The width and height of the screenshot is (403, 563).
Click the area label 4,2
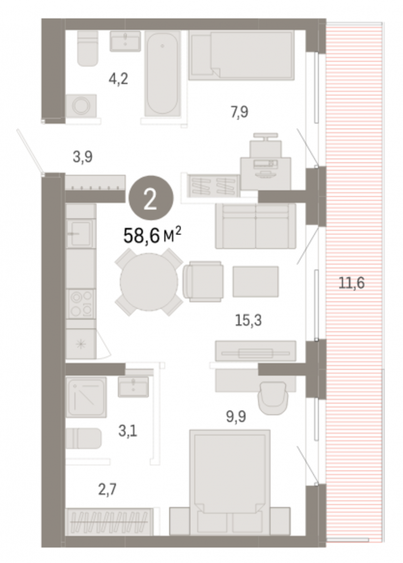tap(118, 78)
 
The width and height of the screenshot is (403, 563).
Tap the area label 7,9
tap(239, 112)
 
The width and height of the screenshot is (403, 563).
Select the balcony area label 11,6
tap(351, 283)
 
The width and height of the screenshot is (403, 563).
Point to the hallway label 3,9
tap(83, 157)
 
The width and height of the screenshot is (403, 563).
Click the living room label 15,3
tap(248, 320)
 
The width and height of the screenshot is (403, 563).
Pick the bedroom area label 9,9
tap(236, 416)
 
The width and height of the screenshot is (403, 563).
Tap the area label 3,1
tap(127, 431)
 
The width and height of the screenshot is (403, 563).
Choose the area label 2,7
tap(107, 489)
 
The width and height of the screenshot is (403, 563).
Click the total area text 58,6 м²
tap(152, 236)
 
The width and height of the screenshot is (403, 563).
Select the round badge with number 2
tap(150, 199)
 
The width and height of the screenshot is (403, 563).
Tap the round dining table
tap(149, 282)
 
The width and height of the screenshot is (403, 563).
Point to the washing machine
tap(81, 106)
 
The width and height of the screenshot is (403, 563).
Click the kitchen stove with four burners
tap(81, 304)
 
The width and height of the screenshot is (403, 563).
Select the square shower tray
tap(86, 397)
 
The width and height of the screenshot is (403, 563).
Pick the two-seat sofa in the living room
tap(255, 226)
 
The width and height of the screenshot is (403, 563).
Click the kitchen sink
tap(80, 233)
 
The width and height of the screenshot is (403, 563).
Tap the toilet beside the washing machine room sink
tap(88, 48)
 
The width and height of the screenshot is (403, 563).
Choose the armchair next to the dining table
tap(203, 281)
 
